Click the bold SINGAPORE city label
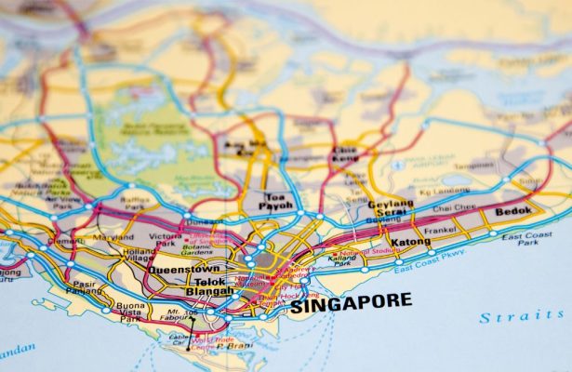click(x=350, y=303)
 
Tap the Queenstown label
click(x=184, y=269)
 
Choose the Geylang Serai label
click(x=390, y=208)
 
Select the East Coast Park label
click(x=526, y=240)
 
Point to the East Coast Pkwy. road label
click(x=429, y=264)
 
